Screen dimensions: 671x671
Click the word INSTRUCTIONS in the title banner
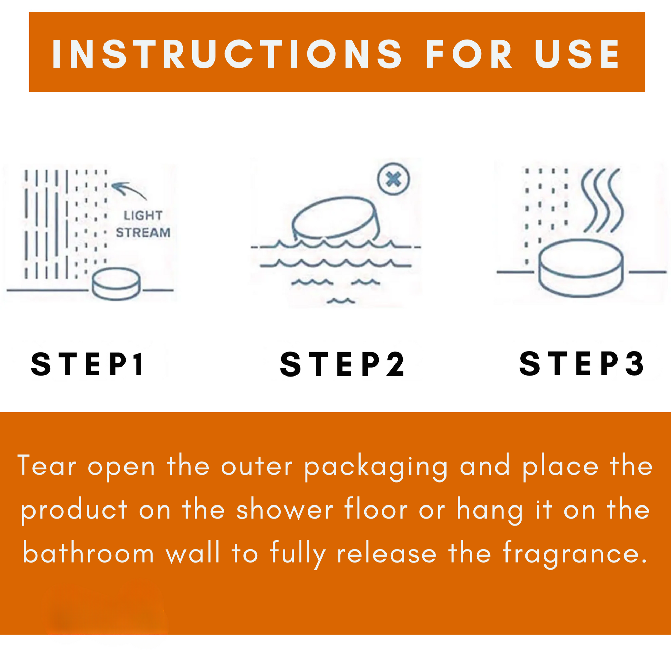coord(227,54)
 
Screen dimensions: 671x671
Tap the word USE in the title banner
coord(577,54)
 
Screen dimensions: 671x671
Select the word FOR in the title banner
coord(469,54)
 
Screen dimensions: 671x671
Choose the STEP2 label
coord(342,364)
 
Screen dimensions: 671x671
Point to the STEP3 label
coord(581,363)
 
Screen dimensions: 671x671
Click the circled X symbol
coord(393,179)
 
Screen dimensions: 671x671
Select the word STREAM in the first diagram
coord(143,232)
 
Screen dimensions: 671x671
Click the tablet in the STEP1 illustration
coord(116,283)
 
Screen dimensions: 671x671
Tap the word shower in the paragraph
coord(285,510)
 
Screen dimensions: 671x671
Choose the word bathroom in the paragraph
coord(88,553)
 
